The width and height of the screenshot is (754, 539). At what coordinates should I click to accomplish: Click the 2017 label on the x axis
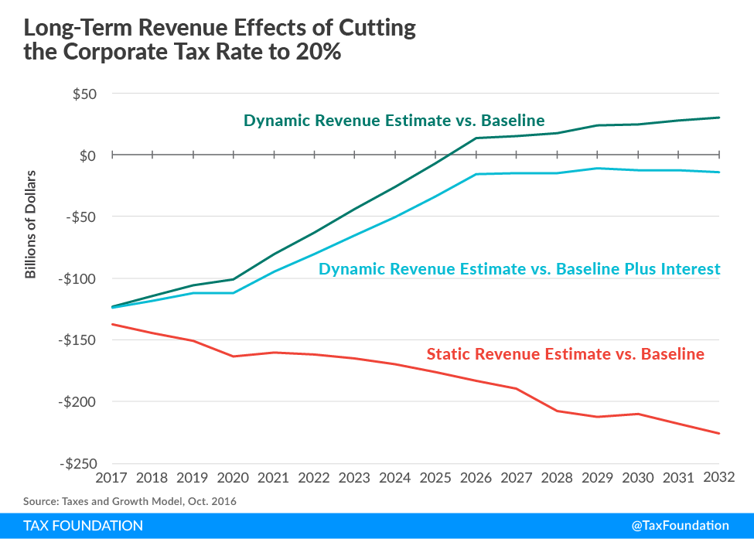click(112, 478)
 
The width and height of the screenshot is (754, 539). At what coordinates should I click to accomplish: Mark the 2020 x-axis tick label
click(234, 478)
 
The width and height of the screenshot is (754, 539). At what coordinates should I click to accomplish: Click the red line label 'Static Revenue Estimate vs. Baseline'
click(565, 355)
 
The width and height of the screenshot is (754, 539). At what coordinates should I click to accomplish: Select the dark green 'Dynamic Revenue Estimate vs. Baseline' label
click(394, 121)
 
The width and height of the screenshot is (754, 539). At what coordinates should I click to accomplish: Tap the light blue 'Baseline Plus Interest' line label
click(520, 269)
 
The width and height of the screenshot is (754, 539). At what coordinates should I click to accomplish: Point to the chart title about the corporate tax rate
click(220, 43)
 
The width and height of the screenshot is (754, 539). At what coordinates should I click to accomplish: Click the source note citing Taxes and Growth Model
click(130, 501)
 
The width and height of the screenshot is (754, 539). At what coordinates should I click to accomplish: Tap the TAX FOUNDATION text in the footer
click(83, 526)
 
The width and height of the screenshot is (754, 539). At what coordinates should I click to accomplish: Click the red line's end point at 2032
click(719, 433)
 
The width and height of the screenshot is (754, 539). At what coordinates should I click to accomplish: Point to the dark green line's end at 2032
click(719, 118)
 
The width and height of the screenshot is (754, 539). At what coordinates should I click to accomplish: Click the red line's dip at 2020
click(234, 356)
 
